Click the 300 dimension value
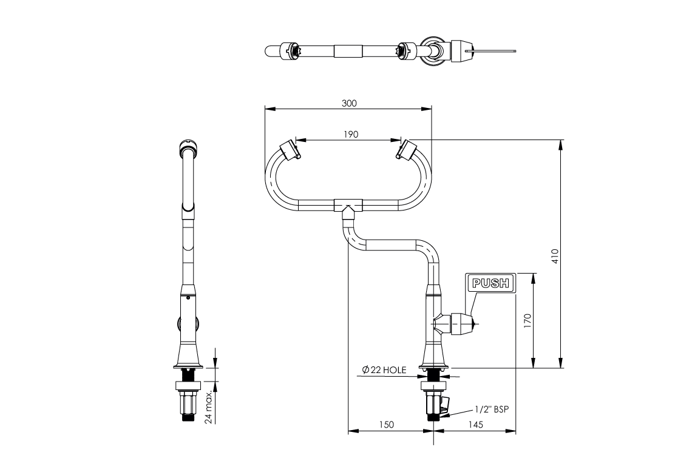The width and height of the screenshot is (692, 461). pyautogui.click(x=349, y=103)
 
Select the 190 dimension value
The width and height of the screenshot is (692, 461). pyautogui.click(x=350, y=134)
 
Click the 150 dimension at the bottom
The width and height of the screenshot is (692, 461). pyautogui.click(x=386, y=425)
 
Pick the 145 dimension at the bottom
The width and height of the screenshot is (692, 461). pyautogui.click(x=476, y=425)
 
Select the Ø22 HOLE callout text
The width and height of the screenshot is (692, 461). pyautogui.click(x=384, y=369)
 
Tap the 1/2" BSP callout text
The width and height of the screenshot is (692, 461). pyautogui.click(x=490, y=409)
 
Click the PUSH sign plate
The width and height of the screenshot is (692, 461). pyautogui.click(x=490, y=283)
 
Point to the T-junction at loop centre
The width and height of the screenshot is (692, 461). pyautogui.click(x=348, y=206)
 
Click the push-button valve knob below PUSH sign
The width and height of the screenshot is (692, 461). pyautogui.click(x=465, y=324)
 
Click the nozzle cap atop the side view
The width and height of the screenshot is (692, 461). pyautogui.click(x=188, y=146)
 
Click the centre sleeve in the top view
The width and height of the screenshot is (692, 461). pyautogui.click(x=347, y=50)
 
